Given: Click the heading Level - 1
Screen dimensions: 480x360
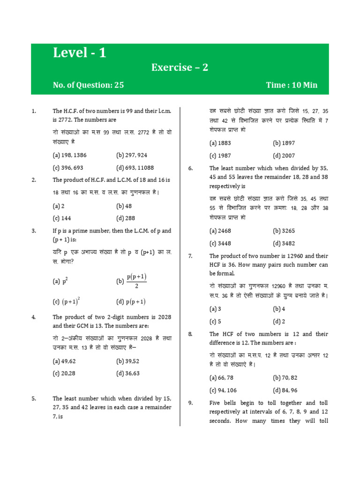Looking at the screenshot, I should (80, 53).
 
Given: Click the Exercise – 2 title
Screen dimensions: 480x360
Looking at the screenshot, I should (180, 67).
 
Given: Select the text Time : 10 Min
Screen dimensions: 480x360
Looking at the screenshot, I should (292, 85).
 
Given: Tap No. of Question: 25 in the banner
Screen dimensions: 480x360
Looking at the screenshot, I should (89, 85).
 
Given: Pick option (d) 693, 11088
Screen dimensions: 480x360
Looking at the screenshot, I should (135, 167).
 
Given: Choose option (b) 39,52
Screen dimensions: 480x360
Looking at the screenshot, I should (128, 361).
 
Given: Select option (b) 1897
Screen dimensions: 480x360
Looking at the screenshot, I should (284, 143).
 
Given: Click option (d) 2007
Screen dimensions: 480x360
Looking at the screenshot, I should (284, 156).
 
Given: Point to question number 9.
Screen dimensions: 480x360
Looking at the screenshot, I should (191, 403).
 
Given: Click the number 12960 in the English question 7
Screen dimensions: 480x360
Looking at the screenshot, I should (294, 256).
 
